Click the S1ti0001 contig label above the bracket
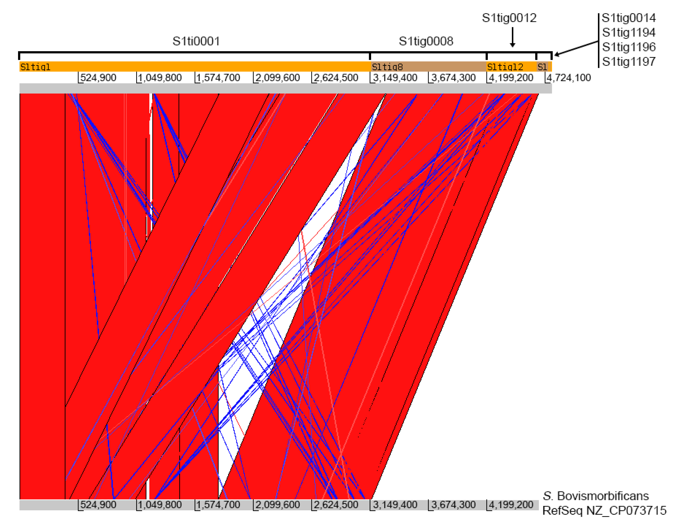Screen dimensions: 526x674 click(196, 41)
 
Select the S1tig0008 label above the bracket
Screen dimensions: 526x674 click(426, 41)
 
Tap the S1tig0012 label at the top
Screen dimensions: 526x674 click(509, 18)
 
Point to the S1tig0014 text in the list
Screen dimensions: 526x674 click(629, 18)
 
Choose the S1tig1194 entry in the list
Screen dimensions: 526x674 click(629, 32)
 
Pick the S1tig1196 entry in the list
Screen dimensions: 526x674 click(629, 47)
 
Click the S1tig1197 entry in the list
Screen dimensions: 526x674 click(629, 61)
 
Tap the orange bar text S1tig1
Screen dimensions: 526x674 click(35, 67)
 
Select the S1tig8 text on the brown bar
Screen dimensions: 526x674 click(387, 67)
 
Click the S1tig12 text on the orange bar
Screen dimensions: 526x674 click(505, 67)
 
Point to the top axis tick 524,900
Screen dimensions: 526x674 click(98, 77)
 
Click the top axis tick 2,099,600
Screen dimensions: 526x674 click(277, 77)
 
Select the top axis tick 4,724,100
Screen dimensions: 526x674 click(569, 77)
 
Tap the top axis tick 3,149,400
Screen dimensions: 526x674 click(395, 77)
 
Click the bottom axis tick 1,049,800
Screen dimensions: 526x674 click(160, 505)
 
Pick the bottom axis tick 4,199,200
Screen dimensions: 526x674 click(511, 505)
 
